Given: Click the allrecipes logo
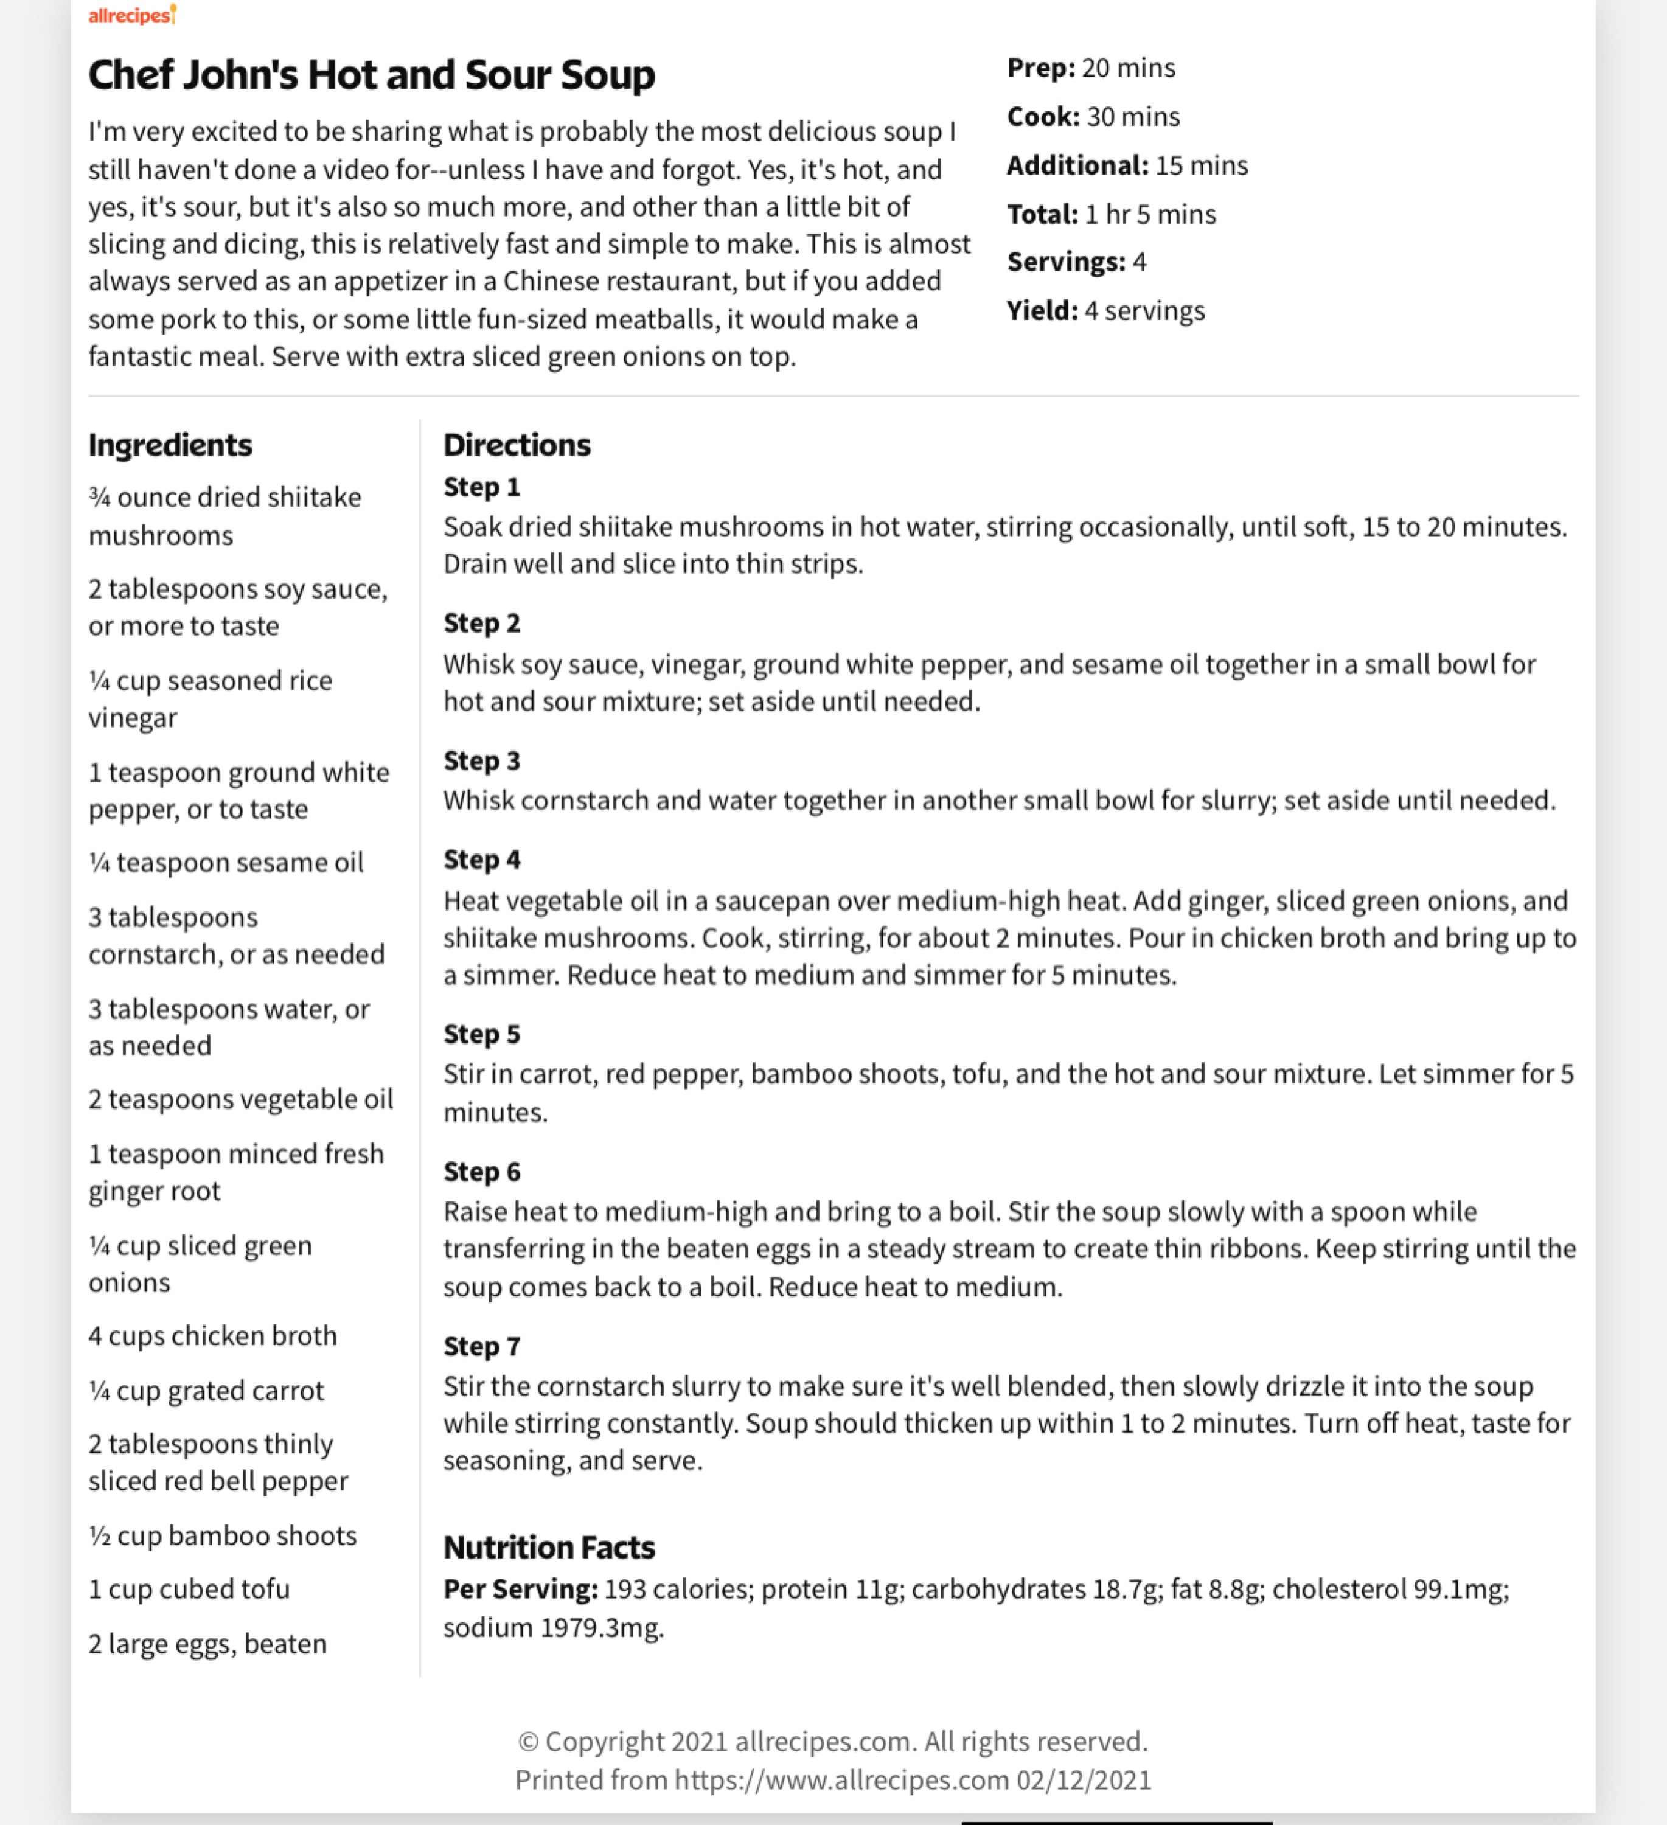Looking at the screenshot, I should pos(132,15).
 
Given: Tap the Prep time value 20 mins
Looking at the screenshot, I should pos(1128,68).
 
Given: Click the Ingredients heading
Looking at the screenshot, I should pos(170,445).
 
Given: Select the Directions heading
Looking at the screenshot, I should pos(516,445).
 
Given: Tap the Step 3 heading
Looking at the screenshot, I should pos(482,761).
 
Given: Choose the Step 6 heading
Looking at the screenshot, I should pos(482,1172).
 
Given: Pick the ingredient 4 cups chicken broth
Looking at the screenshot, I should pos(213,1336).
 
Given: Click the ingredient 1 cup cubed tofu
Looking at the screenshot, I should pos(189,1590).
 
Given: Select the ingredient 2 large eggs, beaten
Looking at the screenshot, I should pos(207,1644).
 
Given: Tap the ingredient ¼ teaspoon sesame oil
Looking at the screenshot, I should pos(226,863).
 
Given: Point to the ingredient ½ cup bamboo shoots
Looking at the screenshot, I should pos(223,1536).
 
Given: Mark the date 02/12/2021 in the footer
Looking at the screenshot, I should pos(1083,1781).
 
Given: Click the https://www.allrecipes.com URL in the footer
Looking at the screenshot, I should pos(841,1781).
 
